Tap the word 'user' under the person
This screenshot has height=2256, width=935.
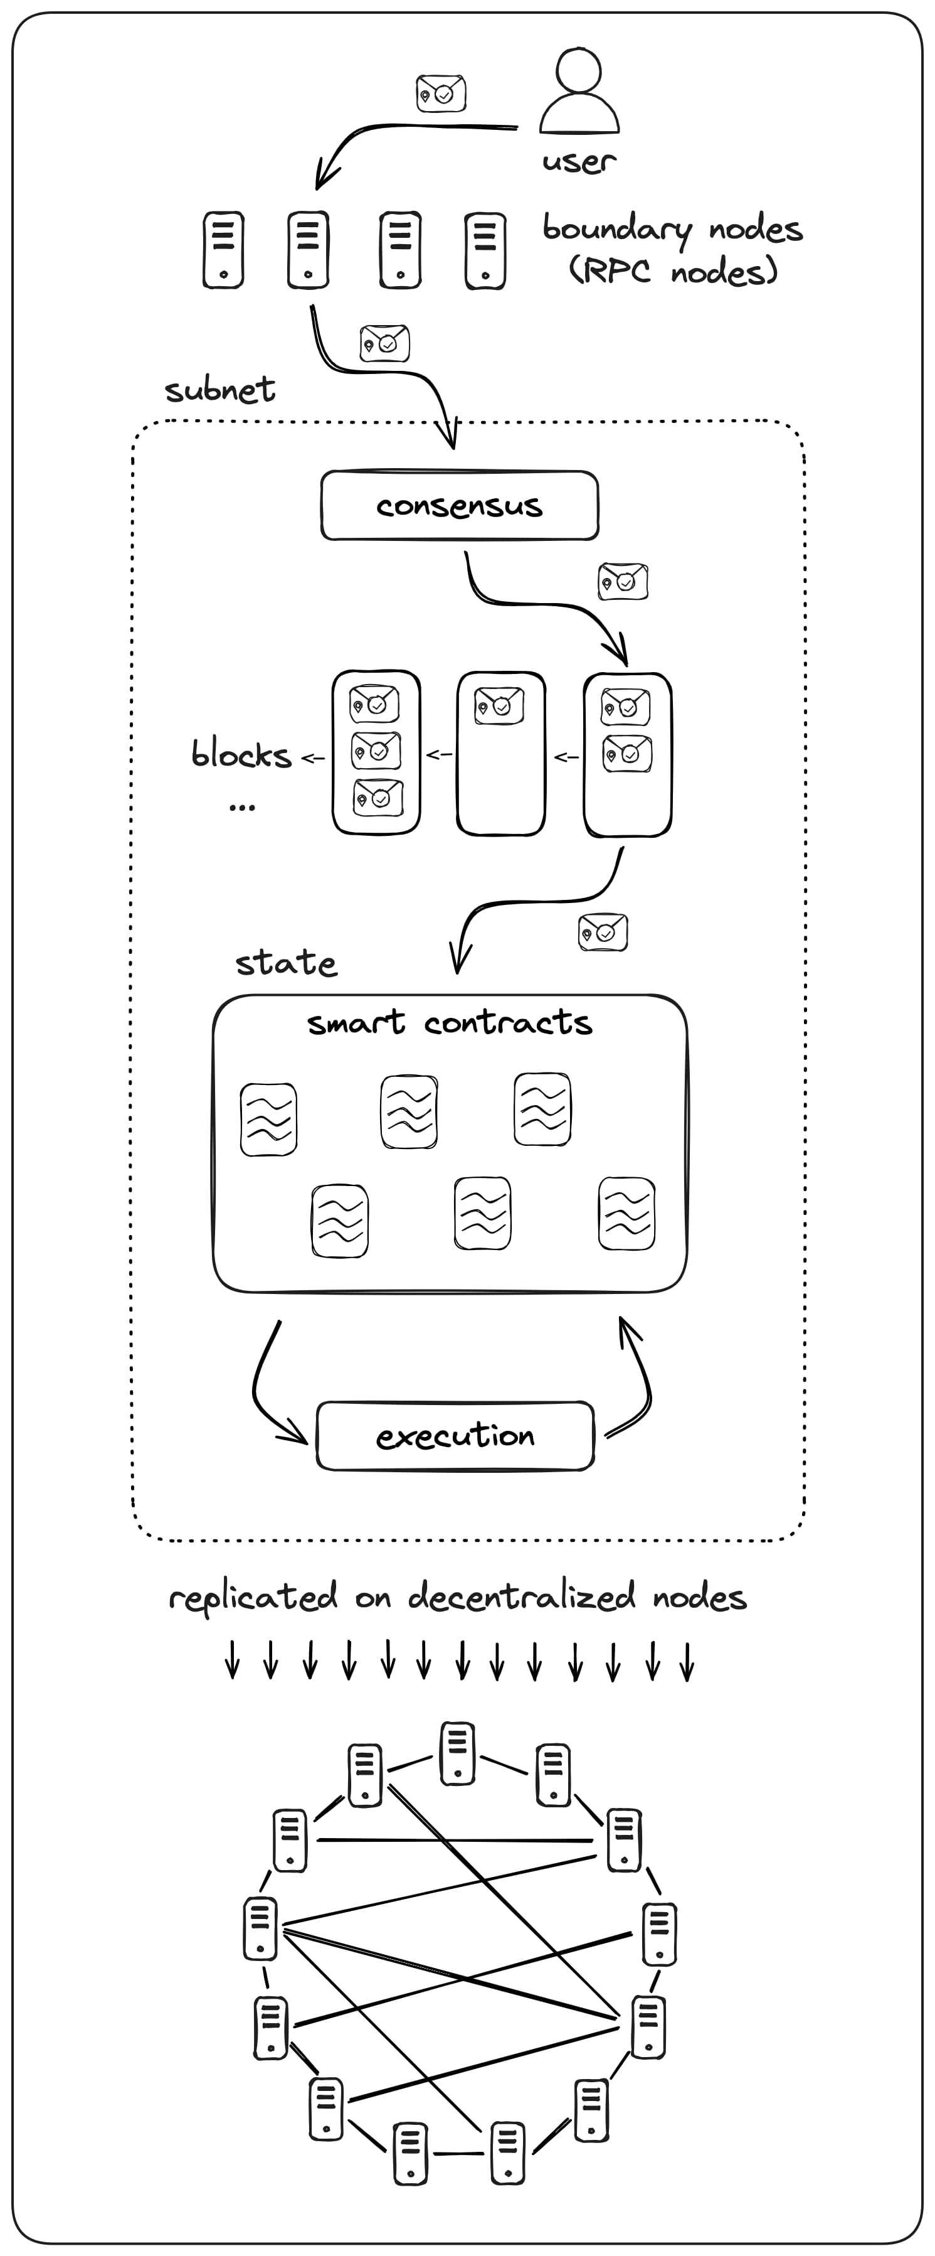tap(579, 162)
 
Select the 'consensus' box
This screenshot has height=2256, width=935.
tap(460, 505)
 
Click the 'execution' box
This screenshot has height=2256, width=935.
tap(455, 1435)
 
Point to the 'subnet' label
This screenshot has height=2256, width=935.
tap(219, 390)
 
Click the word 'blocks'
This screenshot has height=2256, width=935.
tap(241, 754)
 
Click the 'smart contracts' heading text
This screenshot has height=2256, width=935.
tap(449, 1022)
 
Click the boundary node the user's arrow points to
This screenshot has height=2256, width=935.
tap(308, 250)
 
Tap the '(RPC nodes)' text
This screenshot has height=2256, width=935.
tap(672, 270)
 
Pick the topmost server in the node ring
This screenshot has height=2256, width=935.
tap(457, 1753)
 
